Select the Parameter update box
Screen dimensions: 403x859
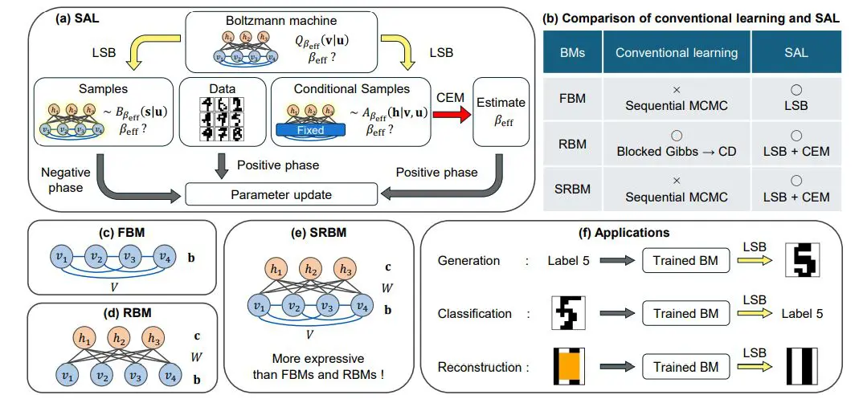[280, 194]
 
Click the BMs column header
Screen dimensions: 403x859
[572, 53]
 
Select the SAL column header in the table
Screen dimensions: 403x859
[796, 53]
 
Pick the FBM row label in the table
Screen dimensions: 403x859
[572, 99]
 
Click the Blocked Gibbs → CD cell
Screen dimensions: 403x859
[676, 145]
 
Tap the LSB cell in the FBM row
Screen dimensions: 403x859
[796, 105]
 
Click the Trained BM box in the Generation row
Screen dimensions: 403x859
[685, 260]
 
